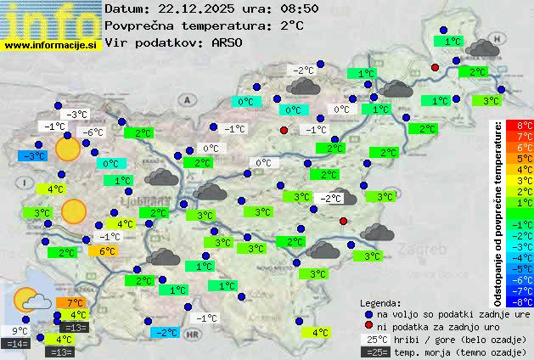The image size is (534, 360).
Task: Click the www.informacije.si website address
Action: [x=52, y=45]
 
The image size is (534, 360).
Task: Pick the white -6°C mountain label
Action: [x=92, y=132]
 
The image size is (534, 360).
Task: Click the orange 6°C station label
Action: [x=107, y=251]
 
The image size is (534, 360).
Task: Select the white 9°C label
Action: [x=20, y=331]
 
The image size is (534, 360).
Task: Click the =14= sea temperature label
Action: [x=17, y=344]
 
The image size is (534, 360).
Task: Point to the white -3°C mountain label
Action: [x=78, y=115]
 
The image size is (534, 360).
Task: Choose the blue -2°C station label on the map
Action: [x=165, y=332]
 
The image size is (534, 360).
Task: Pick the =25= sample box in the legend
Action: [x=375, y=352]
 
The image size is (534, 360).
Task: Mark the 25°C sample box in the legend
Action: [x=375, y=339]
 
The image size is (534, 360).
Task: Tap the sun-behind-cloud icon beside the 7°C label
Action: [x=31, y=301]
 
